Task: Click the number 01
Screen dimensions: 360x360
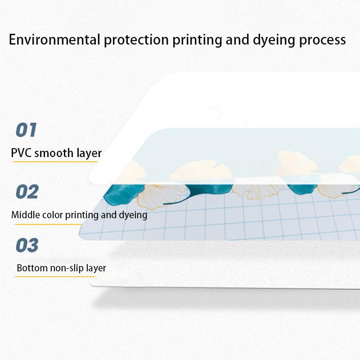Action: coord(26,130)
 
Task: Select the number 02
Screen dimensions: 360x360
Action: coord(27,192)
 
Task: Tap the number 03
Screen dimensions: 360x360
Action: coord(27,246)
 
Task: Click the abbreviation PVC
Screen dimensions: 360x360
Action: coord(21,153)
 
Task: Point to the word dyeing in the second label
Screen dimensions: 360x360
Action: coord(132,215)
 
